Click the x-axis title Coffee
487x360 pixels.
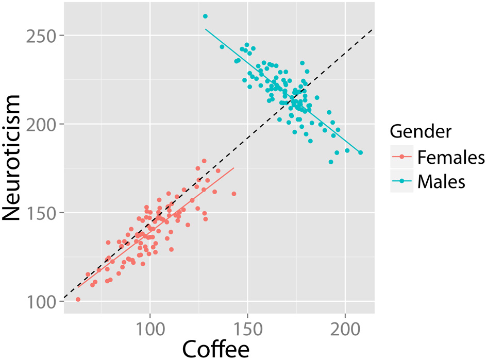(215, 349)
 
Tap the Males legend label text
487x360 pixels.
(441, 181)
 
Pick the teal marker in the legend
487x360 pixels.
(402, 181)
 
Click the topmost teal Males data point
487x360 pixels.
(205, 16)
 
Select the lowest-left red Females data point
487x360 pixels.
(78, 299)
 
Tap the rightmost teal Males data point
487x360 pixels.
(360, 152)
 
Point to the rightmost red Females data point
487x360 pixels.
(233, 194)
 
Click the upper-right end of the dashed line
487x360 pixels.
(372, 30)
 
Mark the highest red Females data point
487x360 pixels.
(204, 161)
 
